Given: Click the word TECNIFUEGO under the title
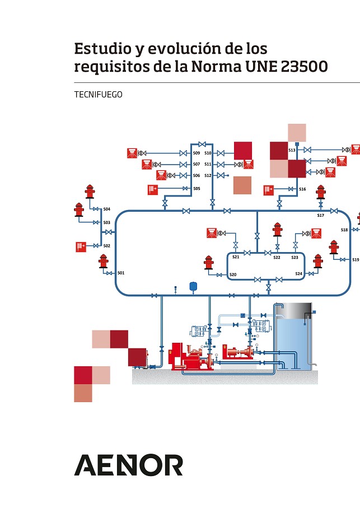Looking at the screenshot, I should (98, 95).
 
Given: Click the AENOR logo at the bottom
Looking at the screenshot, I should (128, 465).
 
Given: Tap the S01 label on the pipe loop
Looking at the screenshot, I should (120, 273).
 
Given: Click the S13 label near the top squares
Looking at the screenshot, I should (292, 150).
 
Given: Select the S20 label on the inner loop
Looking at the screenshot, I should (233, 274).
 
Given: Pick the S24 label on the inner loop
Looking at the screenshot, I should (299, 273).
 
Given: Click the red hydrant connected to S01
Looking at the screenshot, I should (103, 260).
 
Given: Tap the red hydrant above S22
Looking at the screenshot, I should (277, 230).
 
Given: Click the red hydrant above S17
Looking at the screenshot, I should (320, 192).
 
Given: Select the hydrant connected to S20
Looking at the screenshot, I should (209, 262).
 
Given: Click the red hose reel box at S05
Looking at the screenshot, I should (152, 189).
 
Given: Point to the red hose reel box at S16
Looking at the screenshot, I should (268, 189).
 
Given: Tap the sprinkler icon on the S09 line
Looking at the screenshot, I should (132, 152).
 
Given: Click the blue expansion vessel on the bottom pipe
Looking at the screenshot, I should (194, 286).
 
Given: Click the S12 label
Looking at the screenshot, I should (208, 175).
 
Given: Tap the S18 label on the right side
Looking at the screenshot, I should (344, 230).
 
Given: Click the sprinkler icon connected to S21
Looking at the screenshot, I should (212, 232).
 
